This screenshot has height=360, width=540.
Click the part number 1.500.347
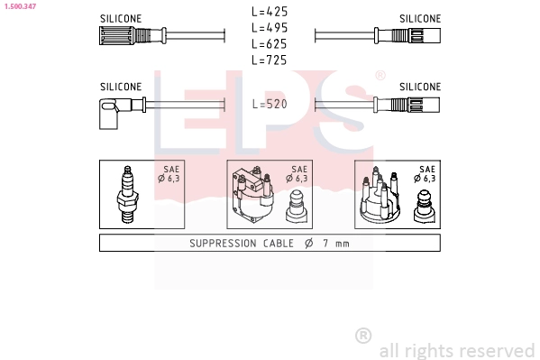click(20, 6)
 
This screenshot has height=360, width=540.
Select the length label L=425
click(270, 12)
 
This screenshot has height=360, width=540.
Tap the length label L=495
click(270, 28)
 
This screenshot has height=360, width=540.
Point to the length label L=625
click(270, 44)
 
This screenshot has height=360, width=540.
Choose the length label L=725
click(270, 60)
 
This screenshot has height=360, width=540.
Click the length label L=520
click(270, 104)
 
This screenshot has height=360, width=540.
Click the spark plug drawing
click(127, 195)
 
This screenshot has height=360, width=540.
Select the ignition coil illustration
click(253, 195)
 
